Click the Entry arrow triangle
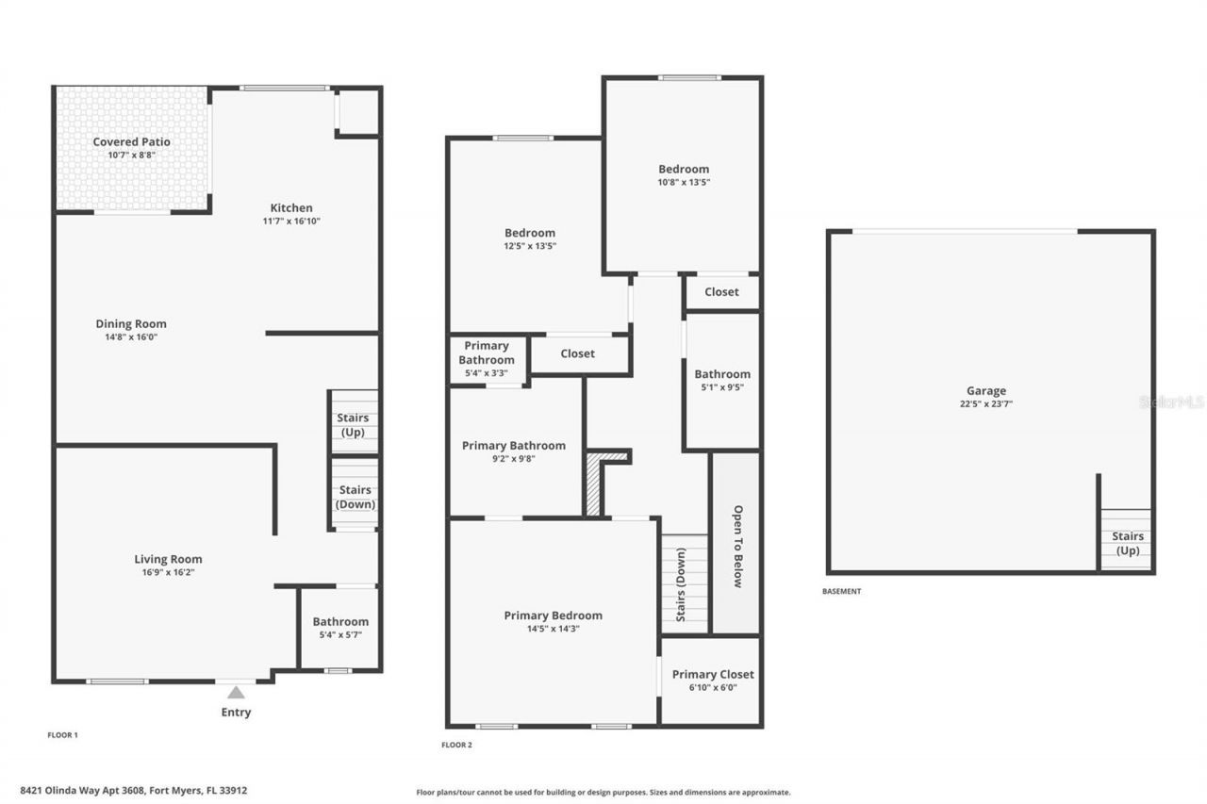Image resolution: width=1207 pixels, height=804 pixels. tap(236, 692)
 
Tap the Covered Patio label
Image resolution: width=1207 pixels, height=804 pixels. tap(131, 141)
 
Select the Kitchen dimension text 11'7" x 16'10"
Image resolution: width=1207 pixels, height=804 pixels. tap(291, 221)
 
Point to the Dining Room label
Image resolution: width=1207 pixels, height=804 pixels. tap(131, 323)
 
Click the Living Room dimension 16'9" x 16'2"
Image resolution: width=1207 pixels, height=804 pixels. tap(168, 572)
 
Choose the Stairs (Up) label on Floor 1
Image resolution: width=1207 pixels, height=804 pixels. tap(353, 425)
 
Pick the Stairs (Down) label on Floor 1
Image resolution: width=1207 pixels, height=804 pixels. tap(355, 497)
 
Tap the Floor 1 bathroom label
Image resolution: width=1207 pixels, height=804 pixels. tap(340, 621)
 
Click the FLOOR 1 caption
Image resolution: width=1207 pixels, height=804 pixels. tap(62, 735)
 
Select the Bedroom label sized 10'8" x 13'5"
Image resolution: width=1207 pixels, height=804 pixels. tap(684, 169)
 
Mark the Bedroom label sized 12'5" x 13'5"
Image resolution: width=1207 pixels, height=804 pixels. tap(530, 233)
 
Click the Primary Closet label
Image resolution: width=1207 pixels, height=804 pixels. tap(713, 674)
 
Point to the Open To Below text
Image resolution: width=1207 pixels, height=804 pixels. tap(737, 546)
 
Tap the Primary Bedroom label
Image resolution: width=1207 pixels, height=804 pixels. tap(553, 615)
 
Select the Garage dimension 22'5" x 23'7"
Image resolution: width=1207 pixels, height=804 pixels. tap(986, 403)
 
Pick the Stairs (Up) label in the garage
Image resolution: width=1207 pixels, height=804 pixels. tap(1128, 543)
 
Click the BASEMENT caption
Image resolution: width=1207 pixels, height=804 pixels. tap(842, 591)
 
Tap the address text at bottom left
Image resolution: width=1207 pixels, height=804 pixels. tap(134, 791)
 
